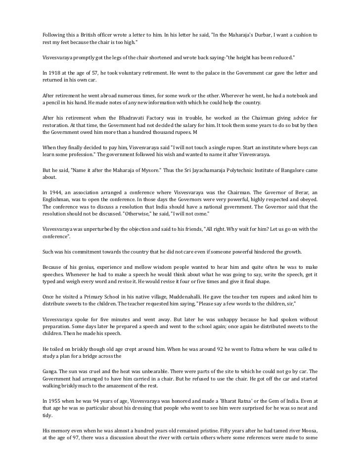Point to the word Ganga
(x=50, y=371)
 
